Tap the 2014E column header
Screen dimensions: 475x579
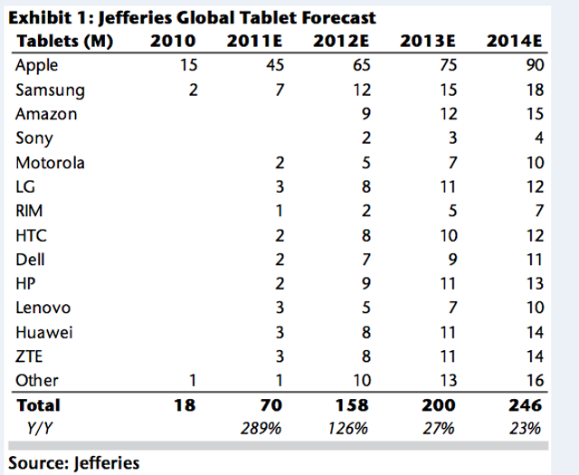point(514,42)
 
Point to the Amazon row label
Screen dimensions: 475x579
point(46,115)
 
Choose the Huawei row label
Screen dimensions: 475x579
point(44,333)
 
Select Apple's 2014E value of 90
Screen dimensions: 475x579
point(533,66)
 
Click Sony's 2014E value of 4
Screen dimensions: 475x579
point(537,138)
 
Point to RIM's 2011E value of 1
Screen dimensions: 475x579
point(280,212)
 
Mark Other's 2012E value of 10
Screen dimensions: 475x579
point(359,381)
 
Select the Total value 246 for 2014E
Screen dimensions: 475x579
point(527,406)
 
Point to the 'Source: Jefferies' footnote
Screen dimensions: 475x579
point(75,463)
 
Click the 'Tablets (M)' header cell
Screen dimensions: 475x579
point(63,42)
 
